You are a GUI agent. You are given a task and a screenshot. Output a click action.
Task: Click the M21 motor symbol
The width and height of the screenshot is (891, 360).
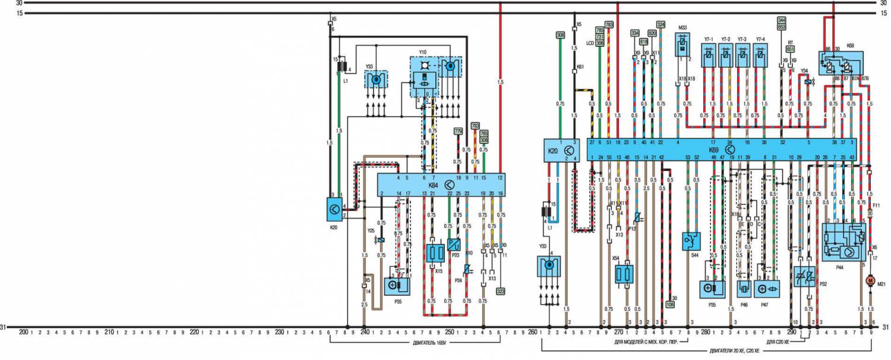tap(871, 280)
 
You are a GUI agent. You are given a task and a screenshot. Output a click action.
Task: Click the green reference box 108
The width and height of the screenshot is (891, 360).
tap(671, 304)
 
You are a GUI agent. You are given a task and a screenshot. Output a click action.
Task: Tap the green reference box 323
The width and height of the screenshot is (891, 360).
tap(501, 291)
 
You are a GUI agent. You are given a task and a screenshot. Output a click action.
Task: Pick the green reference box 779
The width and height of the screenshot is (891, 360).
tap(458, 131)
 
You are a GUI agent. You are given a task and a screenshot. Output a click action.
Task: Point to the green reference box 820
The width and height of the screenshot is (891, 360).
tap(652, 33)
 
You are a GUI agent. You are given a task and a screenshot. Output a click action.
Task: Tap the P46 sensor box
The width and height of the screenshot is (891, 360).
tap(743, 289)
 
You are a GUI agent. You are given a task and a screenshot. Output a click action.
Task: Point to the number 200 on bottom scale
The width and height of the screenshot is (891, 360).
tap(24, 332)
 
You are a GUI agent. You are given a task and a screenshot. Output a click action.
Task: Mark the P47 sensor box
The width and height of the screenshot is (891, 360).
tap(766, 289)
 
